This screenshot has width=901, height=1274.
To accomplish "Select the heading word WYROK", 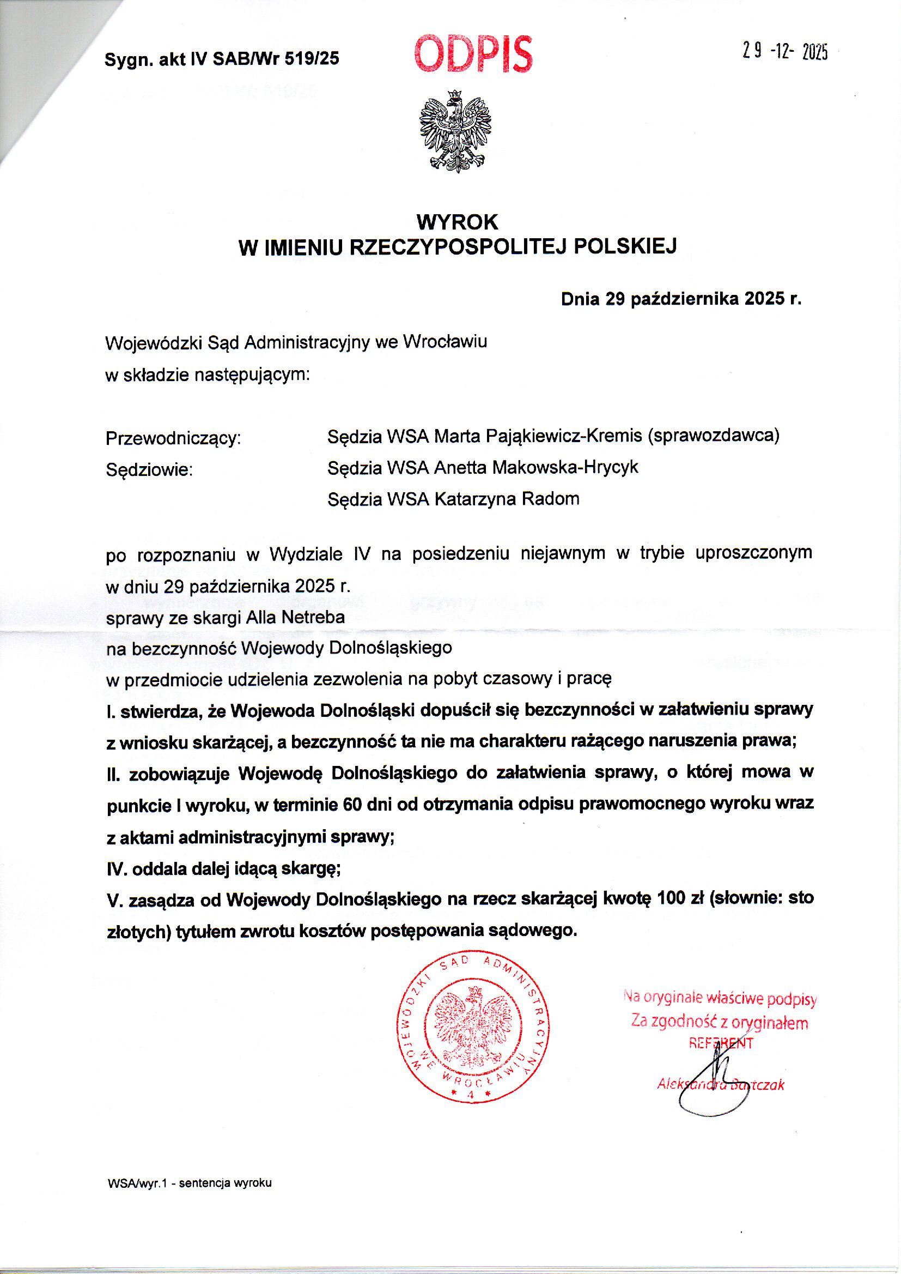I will click(x=457, y=222).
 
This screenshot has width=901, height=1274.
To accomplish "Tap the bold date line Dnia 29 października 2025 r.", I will click(x=681, y=300).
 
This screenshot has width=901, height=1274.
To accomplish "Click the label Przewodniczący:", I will click(x=173, y=438).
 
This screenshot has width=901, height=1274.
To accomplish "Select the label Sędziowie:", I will click(x=149, y=470).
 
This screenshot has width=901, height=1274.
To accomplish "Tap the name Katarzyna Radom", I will click(x=506, y=499).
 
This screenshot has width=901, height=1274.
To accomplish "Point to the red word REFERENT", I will click(x=721, y=1042).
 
